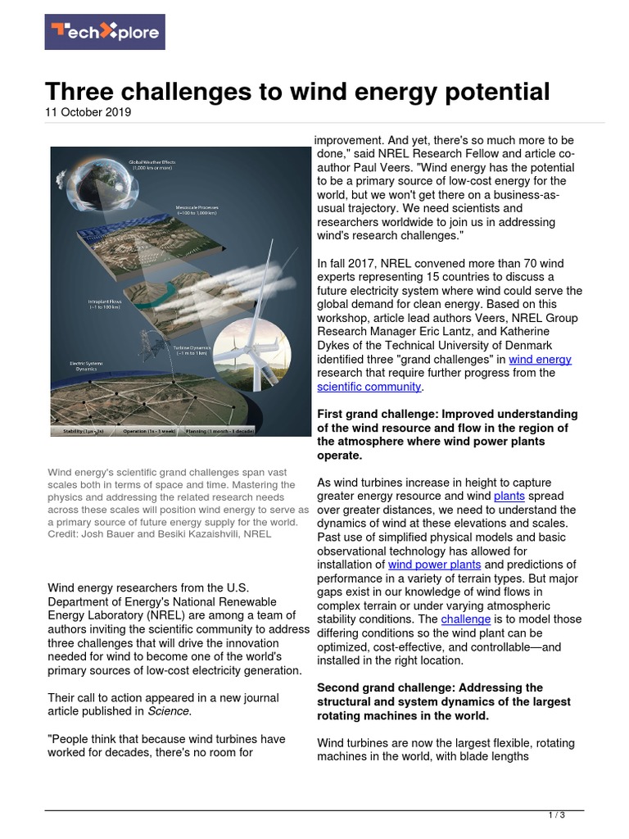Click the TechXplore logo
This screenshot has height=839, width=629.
(104, 32)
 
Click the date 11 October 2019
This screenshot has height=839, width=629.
(88, 112)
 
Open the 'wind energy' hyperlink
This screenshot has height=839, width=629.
(540, 359)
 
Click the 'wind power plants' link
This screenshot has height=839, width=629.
(434, 565)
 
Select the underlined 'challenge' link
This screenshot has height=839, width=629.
(466, 619)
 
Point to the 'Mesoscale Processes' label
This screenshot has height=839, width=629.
(200, 209)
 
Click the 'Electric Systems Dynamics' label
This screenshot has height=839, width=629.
(89, 365)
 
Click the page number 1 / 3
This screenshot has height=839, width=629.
(556, 815)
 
